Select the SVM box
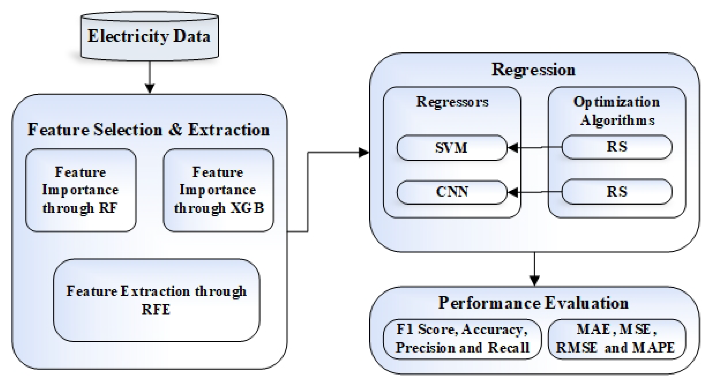(451, 148)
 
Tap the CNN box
(451, 192)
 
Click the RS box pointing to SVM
(617, 147)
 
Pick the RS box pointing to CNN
(617, 192)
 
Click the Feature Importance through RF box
(80, 190)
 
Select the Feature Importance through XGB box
(218, 190)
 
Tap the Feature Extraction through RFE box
(156, 300)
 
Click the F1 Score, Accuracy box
(462, 339)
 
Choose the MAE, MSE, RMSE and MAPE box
(616, 339)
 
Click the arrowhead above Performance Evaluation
(535, 281)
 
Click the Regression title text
(533, 69)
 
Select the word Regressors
(452, 102)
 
